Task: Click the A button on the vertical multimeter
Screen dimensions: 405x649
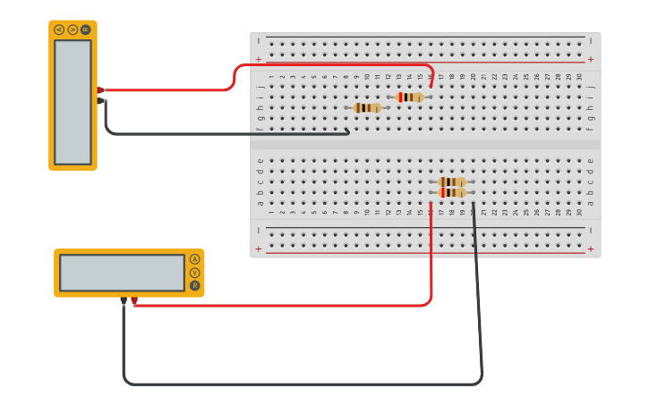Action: [59, 30]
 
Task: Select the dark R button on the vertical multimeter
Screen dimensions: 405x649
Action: [85, 30]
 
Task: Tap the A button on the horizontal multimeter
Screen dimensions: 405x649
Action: [194, 259]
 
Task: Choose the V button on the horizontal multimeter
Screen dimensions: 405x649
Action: [194, 273]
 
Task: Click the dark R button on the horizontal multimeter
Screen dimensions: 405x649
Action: [194, 286]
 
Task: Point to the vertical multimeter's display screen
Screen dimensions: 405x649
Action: [73, 102]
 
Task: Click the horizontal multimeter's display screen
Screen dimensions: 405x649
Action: [123, 273]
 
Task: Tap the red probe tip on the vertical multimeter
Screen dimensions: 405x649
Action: [100, 90]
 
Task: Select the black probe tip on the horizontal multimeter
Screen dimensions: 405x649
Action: [124, 300]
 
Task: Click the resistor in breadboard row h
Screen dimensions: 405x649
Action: [367, 108]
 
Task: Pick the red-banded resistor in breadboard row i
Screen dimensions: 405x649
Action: [410, 97]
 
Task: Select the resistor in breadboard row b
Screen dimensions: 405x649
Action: [451, 181]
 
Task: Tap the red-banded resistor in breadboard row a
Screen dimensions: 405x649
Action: [451, 192]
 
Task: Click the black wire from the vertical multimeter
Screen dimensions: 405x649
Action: [224, 134]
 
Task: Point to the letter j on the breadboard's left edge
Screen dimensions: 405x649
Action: [260, 87]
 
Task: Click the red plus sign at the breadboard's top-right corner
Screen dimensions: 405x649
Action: [590, 60]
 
